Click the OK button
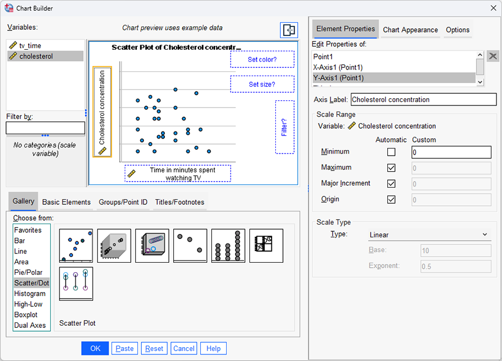coord(95,348)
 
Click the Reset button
coord(154,348)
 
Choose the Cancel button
coord(184,348)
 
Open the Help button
coord(213,348)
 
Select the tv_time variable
coord(30,46)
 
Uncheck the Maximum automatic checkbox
coord(391,168)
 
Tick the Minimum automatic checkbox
coord(391,152)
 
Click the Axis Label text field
coord(423,100)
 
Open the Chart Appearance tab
coord(410,30)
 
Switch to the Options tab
coord(457,30)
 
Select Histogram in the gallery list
coord(30,294)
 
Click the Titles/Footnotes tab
coord(179,202)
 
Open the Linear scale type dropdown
coord(429,235)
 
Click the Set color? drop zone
coord(262,60)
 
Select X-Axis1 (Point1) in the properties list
coord(338,67)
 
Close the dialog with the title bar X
coord(493,8)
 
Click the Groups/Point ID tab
coord(123,202)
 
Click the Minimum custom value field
coord(451,152)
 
